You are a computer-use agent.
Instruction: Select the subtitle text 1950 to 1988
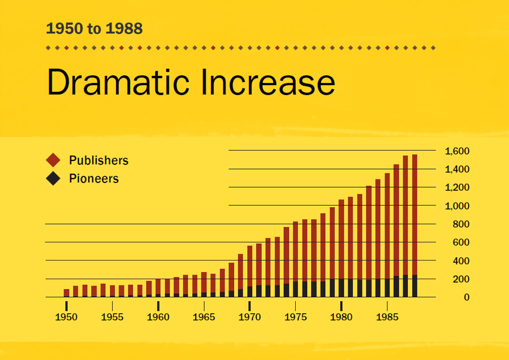tap(94, 28)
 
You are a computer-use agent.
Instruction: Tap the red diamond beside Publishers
tap(53, 161)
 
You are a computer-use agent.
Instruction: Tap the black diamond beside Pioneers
tap(53, 179)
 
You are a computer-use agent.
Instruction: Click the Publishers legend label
tap(98, 161)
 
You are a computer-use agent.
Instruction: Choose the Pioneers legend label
tap(94, 179)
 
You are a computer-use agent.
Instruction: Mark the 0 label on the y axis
tap(466, 297)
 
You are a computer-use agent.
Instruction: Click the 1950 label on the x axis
tap(66, 317)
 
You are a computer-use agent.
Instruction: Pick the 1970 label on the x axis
tap(249, 317)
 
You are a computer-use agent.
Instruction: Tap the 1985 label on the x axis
tap(387, 317)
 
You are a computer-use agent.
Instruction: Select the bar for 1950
tap(67, 293)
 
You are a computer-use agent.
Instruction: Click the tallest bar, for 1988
tap(415, 226)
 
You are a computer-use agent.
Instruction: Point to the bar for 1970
tap(250, 271)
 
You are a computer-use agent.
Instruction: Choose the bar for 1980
tap(341, 249)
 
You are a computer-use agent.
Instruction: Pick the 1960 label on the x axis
tap(158, 317)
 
